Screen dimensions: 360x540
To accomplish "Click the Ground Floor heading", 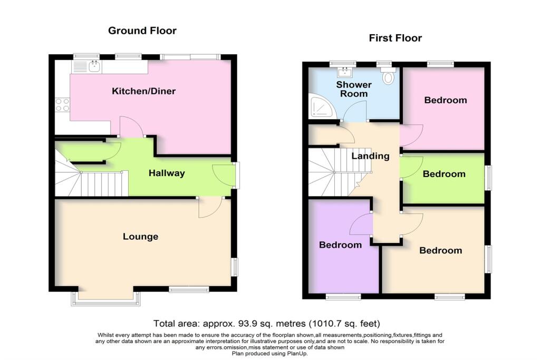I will [142, 31].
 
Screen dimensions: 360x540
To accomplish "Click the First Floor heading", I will [395, 38].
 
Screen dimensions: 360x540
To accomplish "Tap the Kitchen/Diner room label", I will [143, 91].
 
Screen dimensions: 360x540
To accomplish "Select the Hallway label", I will [167, 173].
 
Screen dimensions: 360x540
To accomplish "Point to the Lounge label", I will [141, 237].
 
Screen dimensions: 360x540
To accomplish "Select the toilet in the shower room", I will [389, 77].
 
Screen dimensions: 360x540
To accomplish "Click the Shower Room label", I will [354, 89].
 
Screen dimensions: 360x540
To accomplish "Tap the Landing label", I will [370, 156].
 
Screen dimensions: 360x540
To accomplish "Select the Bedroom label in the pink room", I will [446, 100].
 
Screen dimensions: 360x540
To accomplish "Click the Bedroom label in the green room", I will [444, 174].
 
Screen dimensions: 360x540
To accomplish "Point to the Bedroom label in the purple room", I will [341, 245].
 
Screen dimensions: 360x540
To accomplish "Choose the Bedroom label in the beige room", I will [440, 250].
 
